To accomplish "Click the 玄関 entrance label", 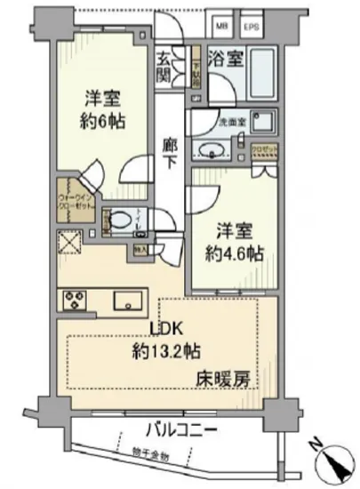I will point(165,67).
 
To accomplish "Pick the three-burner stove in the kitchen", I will point(73,301).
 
